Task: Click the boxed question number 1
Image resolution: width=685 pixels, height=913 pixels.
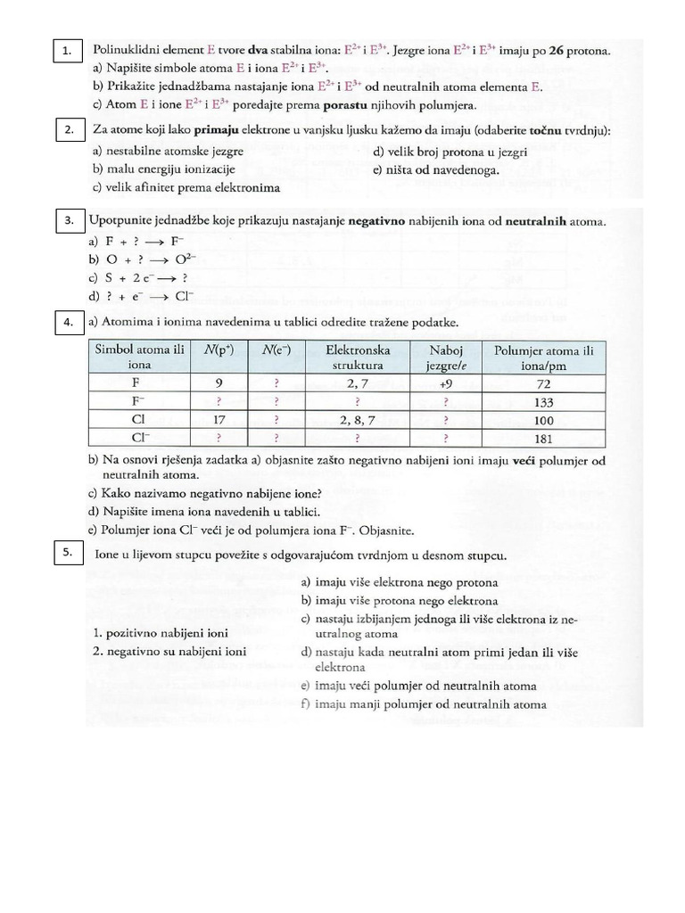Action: (67, 52)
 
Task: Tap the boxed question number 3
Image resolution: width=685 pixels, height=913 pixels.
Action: (67, 219)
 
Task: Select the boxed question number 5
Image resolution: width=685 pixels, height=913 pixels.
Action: (67, 553)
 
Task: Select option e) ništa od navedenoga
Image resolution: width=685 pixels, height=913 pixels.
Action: (436, 169)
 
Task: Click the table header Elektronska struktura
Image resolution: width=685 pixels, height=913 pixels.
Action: (357, 358)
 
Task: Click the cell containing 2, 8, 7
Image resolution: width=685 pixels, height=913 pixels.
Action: (357, 420)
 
